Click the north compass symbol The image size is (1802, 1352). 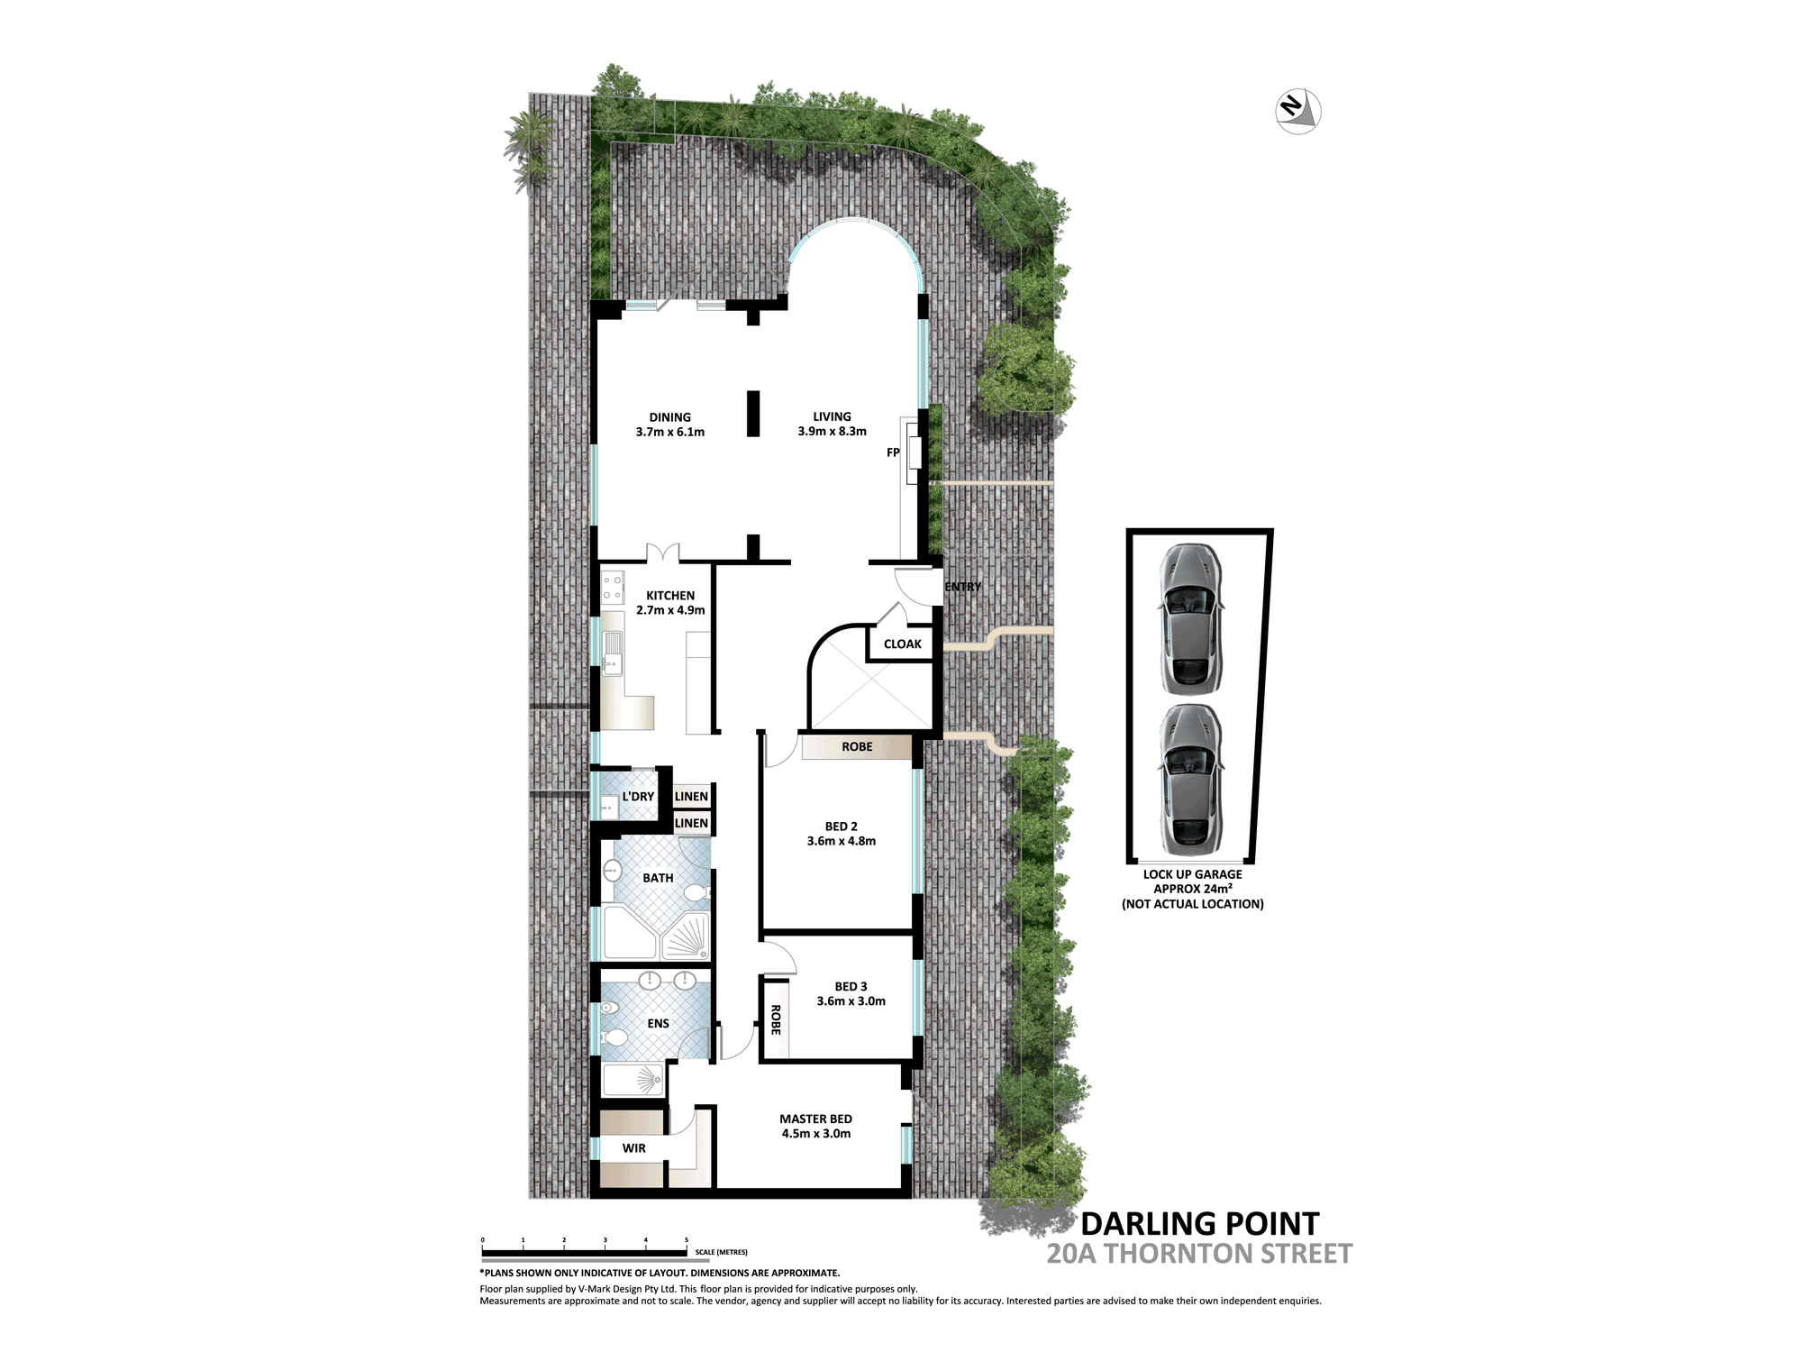click(x=1298, y=112)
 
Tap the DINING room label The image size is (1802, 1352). click(x=670, y=417)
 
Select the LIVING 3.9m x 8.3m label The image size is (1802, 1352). click(x=832, y=424)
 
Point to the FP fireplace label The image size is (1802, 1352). click(x=893, y=452)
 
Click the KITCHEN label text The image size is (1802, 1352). click(x=670, y=596)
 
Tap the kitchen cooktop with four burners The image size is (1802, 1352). click(x=612, y=588)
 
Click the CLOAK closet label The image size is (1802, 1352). click(x=903, y=644)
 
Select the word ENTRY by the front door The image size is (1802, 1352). click(x=963, y=587)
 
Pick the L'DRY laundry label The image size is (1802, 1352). click(x=638, y=797)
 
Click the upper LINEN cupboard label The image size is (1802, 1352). click(x=691, y=797)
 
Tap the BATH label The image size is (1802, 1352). click(x=658, y=878)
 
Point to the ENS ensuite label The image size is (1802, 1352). click(x=658, y=1024)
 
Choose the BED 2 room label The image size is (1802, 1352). click(x=842, y=827)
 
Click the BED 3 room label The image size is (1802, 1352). click(x=851, y=987)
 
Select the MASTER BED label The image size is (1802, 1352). click(x=815, y=1119)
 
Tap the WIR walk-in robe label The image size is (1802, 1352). click(x=634, y=1148)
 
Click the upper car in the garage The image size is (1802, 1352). click(x=1190, y=619)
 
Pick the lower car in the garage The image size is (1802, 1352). click(x=1190, y=780)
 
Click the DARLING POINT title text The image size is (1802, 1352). click(x=1200, y=1224)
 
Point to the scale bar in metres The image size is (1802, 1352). click(x=585, y=1253)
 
